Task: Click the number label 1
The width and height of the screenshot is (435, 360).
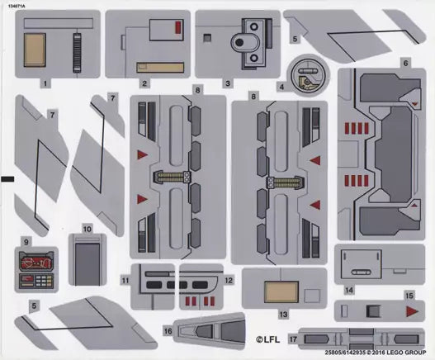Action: point(45,83)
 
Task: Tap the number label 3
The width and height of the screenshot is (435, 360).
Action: point(228,83)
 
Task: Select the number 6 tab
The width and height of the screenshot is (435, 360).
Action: point(405,63)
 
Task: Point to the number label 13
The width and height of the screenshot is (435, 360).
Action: point(283,315)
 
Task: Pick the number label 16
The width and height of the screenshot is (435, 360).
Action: point(168,331)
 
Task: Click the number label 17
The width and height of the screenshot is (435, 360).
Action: point(293,339)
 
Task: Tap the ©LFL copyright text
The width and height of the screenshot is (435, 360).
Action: point(267,339)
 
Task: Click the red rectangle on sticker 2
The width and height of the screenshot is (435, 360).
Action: point(178,28)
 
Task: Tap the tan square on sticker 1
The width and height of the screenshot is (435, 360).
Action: point(35,50)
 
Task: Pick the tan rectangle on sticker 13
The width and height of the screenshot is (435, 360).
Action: point(281,292)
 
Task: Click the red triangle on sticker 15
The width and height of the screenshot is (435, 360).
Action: point(412,311)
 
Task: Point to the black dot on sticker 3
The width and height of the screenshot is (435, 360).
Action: point(239,42)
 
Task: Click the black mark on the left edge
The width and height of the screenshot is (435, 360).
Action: point(7,179)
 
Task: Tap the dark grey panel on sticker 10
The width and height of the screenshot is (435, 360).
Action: point(87,263)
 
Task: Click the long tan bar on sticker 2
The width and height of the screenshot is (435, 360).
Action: point(160,68)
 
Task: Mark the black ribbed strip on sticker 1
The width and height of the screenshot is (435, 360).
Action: point(77,53)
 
